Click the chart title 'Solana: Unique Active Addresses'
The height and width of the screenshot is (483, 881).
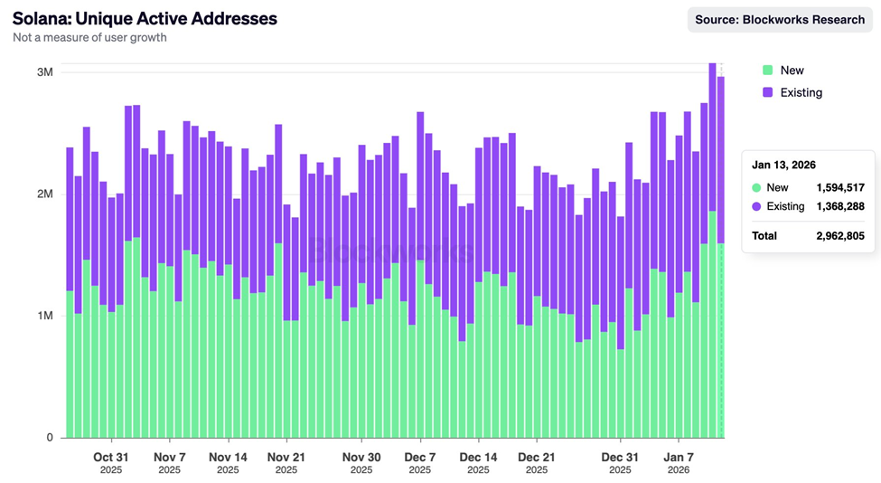(145, 18)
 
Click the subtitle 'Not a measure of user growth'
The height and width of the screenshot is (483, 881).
(89, 38)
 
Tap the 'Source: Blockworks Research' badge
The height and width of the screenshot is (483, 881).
(779, 19)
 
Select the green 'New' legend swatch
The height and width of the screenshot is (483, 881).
(767, 70)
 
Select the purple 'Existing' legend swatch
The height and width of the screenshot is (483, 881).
(767, 92)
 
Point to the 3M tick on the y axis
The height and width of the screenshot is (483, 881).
(44, 72)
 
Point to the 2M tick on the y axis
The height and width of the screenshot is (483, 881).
(44, 194)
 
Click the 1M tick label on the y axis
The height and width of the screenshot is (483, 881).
(44, 316)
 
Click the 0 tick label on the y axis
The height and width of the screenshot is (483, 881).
(51, 438)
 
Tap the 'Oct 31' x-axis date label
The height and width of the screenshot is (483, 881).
(111, 457)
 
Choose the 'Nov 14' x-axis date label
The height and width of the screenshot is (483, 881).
(228, 457)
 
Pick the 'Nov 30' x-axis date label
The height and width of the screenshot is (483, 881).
(361, 457)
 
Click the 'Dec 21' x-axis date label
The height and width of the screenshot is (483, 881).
(536, 457)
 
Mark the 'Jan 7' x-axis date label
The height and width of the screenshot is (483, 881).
(679, 457)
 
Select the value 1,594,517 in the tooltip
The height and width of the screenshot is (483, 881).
(839, 187)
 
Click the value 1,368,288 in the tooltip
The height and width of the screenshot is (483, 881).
(839, 207)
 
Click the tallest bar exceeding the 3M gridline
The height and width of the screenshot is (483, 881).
(712, 244)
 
